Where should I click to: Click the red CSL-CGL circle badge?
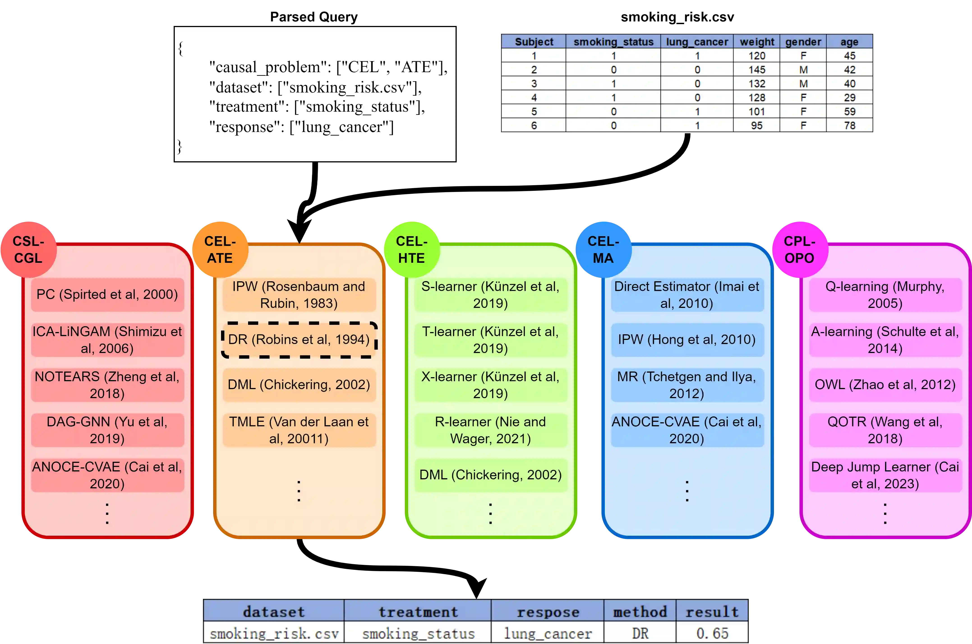[28, 249]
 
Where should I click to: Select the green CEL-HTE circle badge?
[412, 249]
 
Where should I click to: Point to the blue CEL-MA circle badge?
[603, 249]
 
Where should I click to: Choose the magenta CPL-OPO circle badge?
[799, 249]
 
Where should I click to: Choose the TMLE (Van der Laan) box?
[299, 430]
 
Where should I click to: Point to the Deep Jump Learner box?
[885, 475]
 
